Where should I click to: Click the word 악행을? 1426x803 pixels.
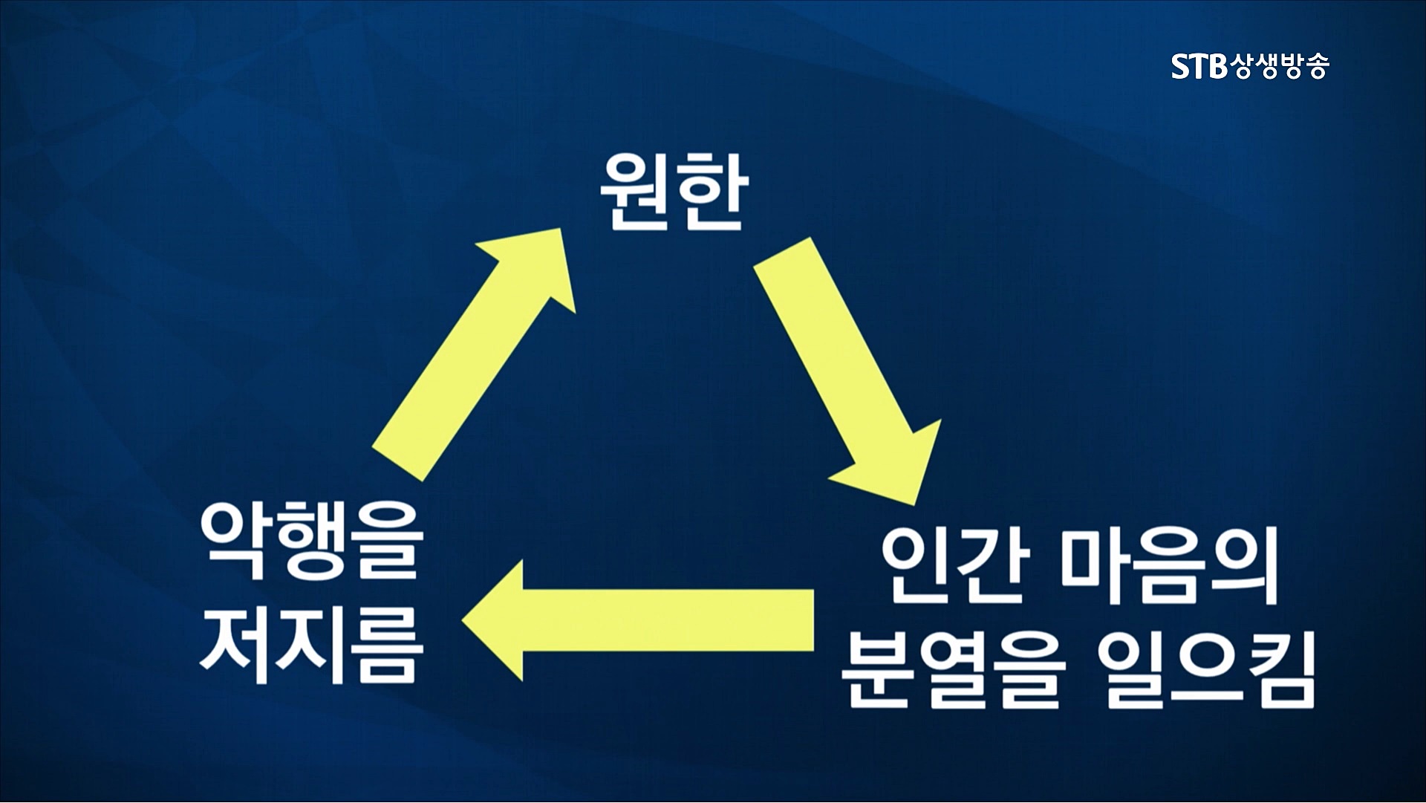[x=312, y=542]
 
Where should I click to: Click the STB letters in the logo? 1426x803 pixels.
[x=1199, y=66]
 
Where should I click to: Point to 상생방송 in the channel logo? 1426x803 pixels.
[x=1278, y=66]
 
